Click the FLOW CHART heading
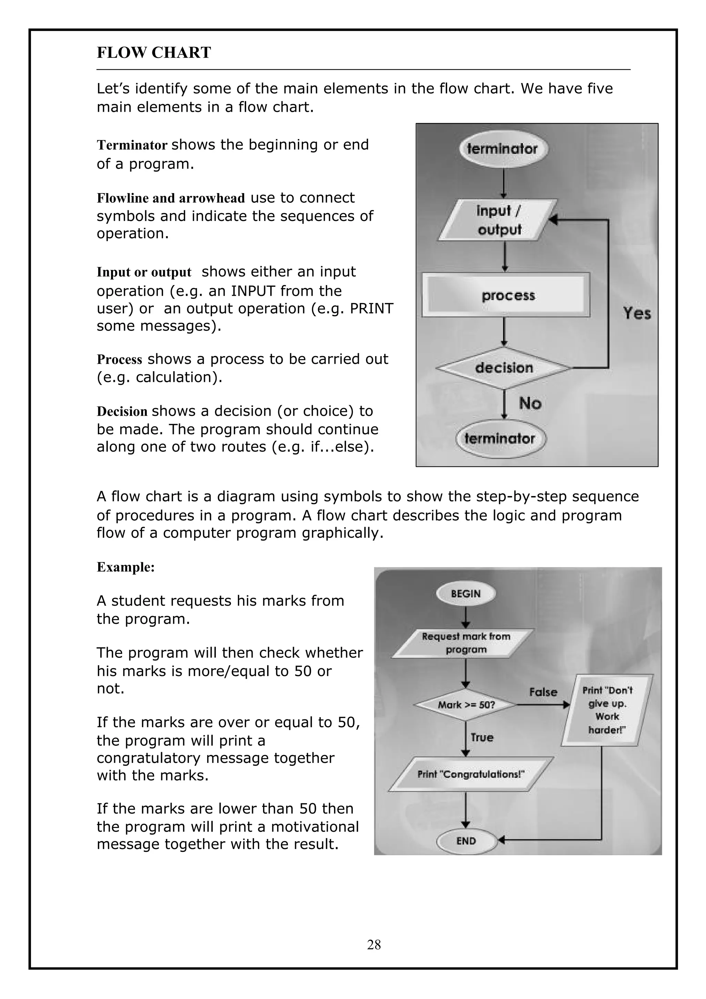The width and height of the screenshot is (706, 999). pos(153,53)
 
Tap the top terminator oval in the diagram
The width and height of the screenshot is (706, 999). pos(503,149)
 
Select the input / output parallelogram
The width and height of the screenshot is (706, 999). pos(498,220)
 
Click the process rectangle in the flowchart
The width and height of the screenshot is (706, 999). pos(506,295)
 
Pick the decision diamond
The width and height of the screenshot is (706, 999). pos(504,368)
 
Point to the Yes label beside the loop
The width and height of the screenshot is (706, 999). pos(636,313)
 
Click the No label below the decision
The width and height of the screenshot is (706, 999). pos(530,403)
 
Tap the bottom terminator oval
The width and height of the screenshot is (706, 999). pos(500,438)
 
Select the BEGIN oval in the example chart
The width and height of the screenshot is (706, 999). pos(465,594)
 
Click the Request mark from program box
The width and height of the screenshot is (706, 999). pos(464,643)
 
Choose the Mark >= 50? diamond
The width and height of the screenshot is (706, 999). pos(466,704)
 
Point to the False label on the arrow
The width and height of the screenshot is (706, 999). pos(543,692)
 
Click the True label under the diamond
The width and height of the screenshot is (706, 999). pos(482,737)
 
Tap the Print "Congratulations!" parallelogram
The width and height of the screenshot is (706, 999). pos(471,774)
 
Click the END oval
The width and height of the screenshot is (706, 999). pos(466,841)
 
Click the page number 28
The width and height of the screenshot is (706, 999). pos(374,945)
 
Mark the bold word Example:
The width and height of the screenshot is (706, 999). pos(125,567)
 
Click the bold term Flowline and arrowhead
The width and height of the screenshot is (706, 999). pos(171,199)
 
